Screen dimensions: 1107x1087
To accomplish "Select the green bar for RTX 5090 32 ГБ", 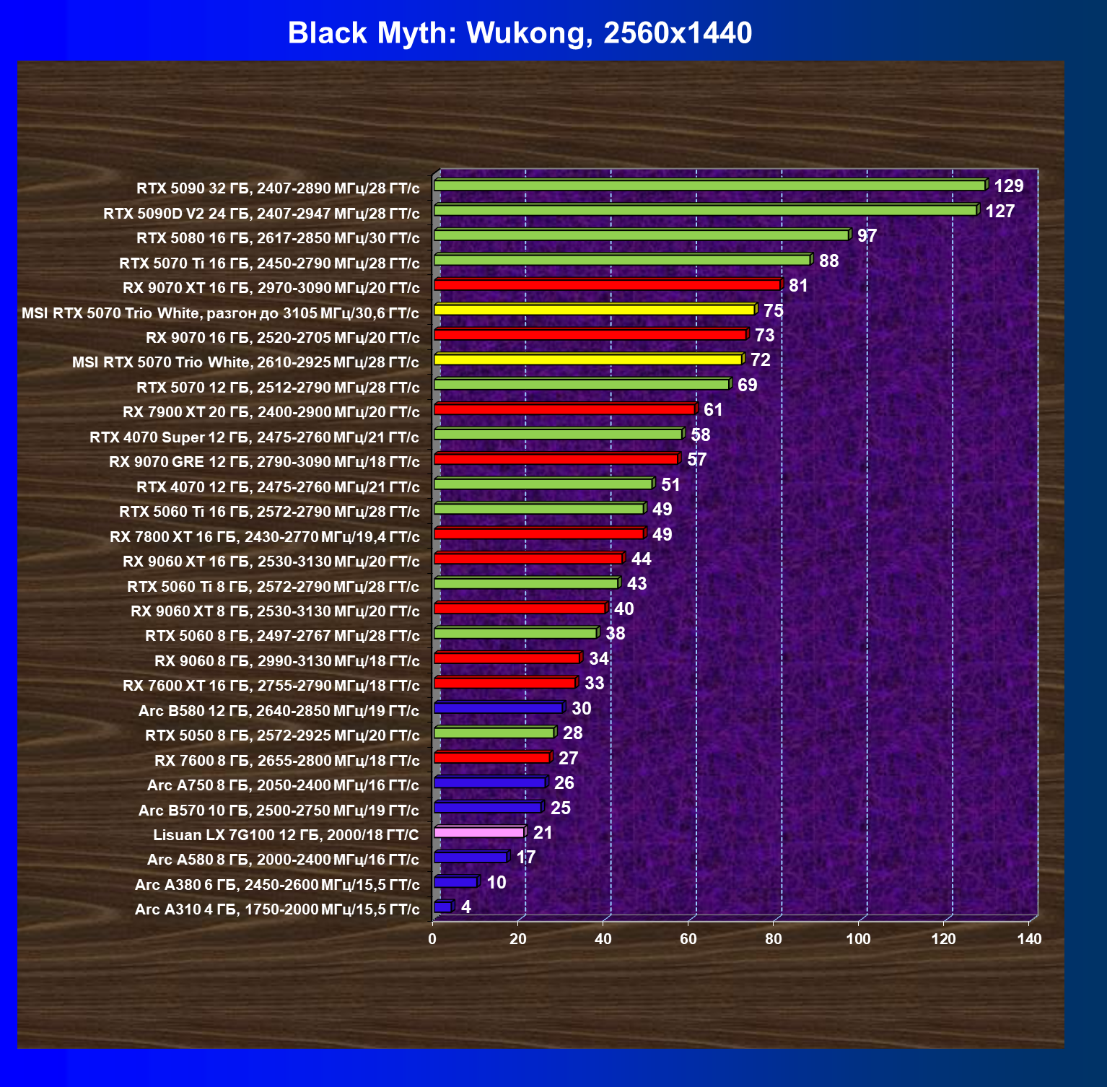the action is pos(710,185).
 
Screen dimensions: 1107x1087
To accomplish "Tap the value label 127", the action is pos(1000,211).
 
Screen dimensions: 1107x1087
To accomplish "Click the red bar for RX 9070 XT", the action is pos(608,285).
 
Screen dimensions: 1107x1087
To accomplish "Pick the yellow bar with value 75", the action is pos(595,310).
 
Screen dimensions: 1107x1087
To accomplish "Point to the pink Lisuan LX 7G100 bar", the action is pos(480,832).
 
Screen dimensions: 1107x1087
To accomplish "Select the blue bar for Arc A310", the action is pos(443,907).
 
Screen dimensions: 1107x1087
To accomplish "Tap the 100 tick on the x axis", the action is pos(858,938).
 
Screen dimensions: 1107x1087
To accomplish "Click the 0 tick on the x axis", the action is pos(432,938).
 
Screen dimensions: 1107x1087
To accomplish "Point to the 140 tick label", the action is pos(1029,938).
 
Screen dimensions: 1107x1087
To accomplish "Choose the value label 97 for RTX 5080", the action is pos(867,236).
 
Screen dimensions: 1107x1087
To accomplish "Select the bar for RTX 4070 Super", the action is pos(559,434).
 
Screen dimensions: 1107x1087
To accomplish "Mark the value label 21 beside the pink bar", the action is pos(543,833).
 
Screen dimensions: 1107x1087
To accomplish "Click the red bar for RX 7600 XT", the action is pos(505,683).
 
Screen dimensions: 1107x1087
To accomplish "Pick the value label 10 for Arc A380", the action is pos(496,883).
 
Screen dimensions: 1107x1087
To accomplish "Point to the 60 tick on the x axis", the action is pos(688,938).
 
